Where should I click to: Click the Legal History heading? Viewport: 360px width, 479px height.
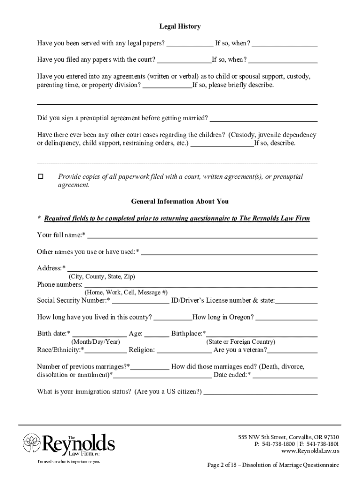180,27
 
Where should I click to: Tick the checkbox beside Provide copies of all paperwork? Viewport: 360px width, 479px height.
40,177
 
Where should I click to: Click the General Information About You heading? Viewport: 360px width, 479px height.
180,202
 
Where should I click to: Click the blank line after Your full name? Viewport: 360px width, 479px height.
202,235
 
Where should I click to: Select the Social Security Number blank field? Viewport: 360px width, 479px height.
140,301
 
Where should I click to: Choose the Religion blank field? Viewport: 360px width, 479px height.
184,350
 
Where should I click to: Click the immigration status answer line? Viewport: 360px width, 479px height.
260,392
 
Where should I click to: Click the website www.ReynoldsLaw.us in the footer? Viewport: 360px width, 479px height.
310,451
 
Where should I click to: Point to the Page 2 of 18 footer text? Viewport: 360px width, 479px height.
273,465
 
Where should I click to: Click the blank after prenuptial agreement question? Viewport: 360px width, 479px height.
264,118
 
